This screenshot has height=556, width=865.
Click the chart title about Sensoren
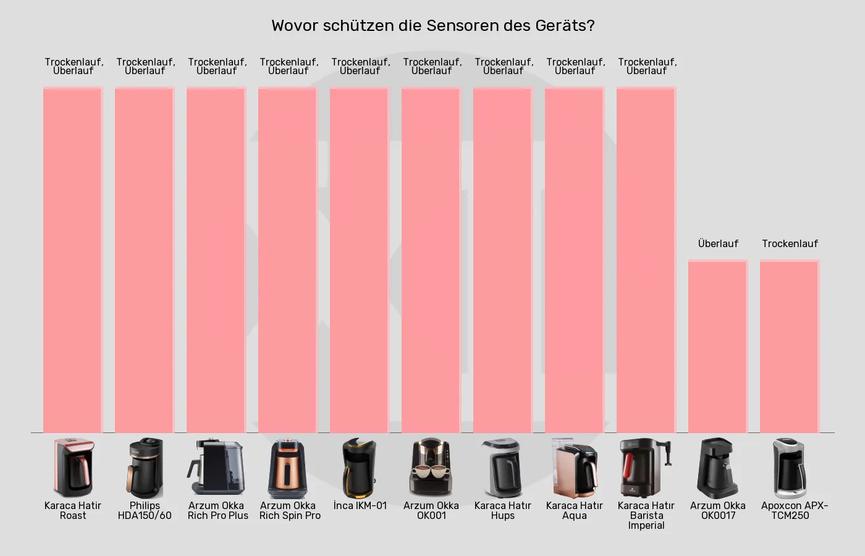[x=432, y=26]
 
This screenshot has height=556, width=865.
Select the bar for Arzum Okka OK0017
[x=718, y=346]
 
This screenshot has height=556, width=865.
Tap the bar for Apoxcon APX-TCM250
[x=790, y=346]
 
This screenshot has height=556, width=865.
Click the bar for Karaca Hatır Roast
[x=73, y=259]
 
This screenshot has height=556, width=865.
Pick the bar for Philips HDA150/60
[x=145, y=259]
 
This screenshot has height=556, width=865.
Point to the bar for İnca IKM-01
[x=360, y=259]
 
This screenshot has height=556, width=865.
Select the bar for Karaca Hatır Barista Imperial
[x=646, y=259]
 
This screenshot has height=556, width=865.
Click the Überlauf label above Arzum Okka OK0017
[x=718, y=243]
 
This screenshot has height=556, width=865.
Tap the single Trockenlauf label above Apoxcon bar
[x=790, y=243]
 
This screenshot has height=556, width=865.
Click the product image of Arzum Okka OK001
[x=431, y=468]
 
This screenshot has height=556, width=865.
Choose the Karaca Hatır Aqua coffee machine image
[x=575, y=468]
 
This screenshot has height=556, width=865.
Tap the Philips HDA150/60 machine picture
[x=145, y=468]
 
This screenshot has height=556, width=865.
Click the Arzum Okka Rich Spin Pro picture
[x=288, y=468]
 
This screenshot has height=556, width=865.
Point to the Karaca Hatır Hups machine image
[x=503, y=468]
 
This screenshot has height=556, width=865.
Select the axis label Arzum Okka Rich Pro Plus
[x=217, y=510]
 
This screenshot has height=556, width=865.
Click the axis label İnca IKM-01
[x=360, y=505]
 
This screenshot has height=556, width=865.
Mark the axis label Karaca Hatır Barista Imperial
[x=646, y=515]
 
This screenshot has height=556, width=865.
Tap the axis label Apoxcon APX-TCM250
[x=793, y=510]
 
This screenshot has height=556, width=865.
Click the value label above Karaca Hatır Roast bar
[x=74, y=66]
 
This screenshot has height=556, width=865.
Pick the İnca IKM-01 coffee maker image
[x=360, y=468]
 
